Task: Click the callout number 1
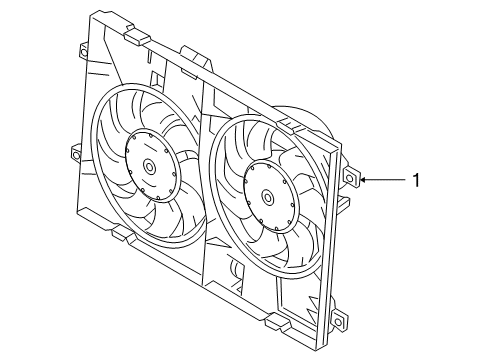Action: [416, 180]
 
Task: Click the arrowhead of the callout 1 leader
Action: [363, 180]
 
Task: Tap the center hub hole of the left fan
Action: [149, 166]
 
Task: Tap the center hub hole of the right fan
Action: [267, 197]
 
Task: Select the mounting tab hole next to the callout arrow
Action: [349, 178]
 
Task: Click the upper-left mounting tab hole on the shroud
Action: [83, 52]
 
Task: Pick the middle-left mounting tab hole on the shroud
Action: [75, 155]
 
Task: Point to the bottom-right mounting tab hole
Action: [338, 322]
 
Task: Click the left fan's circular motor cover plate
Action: [151, 165]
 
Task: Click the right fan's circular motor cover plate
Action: [270, 197]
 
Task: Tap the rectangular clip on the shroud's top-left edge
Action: [137, 35]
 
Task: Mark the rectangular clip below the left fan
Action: [124, 234]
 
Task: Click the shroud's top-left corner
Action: [92, 13]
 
